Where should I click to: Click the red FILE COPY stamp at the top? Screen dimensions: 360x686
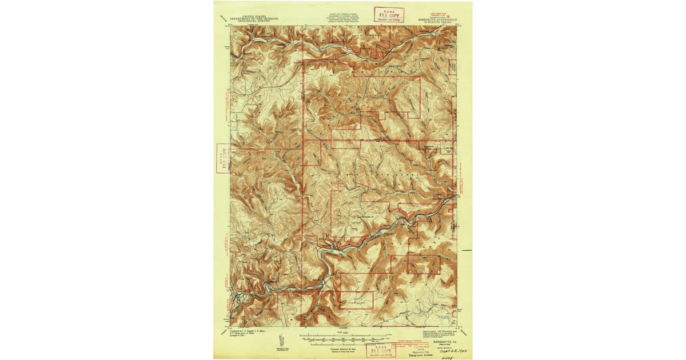[x=389, y=14]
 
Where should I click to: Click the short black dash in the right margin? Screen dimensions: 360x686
[x=468, y=250]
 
